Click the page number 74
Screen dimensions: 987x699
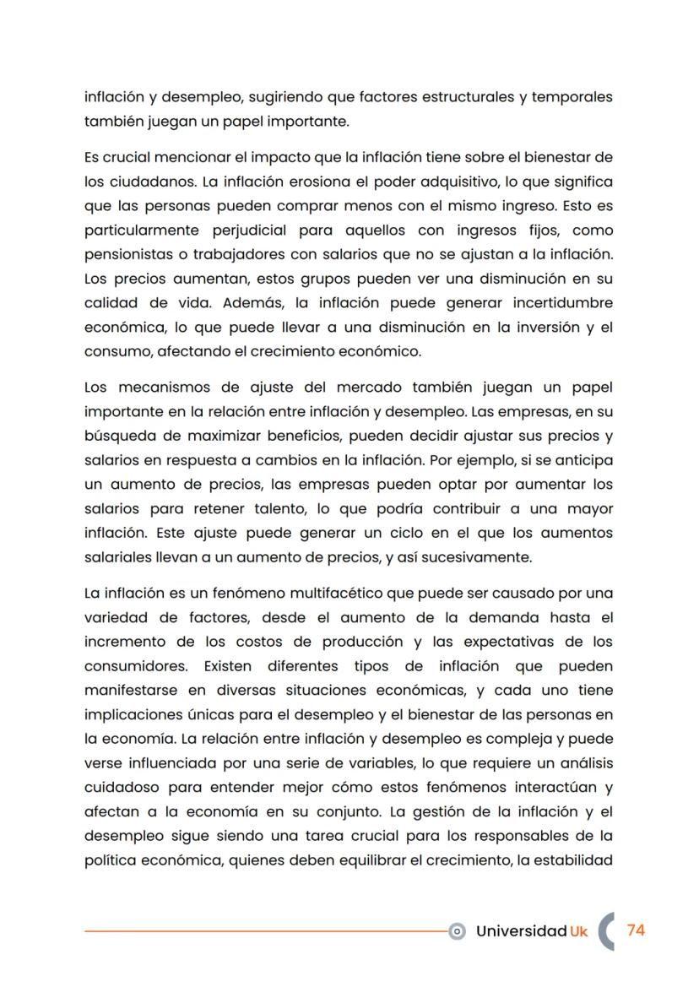coord(636,930)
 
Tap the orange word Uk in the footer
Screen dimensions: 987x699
coord(578,931)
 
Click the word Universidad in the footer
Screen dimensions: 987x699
coord(521,931)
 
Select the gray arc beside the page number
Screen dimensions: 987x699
coord(605,930)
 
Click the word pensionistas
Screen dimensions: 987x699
coord(133,255)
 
